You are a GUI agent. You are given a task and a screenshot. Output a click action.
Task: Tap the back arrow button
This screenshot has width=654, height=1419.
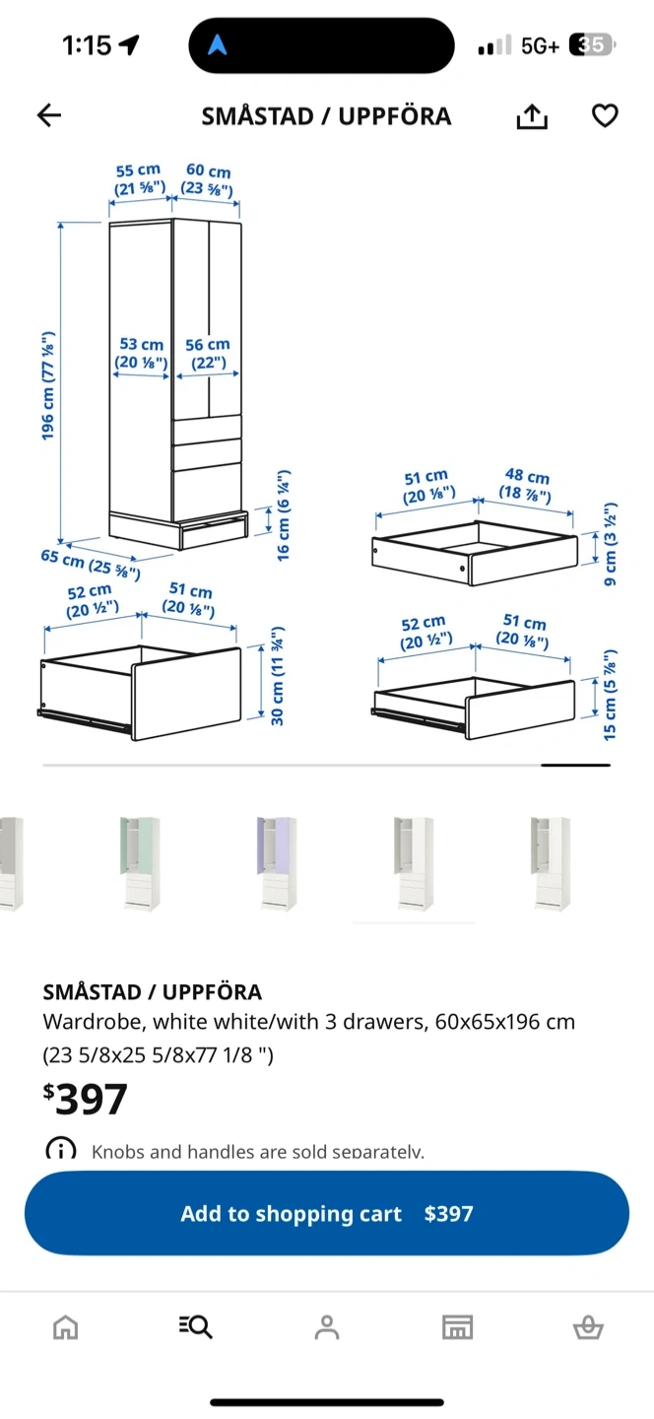coord(48,115)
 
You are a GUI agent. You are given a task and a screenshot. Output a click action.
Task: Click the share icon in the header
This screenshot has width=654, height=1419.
coord(532,116)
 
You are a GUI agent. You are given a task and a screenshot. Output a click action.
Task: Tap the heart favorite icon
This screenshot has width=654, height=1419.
coord(605,115)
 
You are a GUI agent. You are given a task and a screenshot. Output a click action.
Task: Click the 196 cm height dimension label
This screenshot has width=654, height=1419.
coord(48,385)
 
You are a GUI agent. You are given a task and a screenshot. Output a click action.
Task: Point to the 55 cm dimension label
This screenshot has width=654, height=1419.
coord(139,179)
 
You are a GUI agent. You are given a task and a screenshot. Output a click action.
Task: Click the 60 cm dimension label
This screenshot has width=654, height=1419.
coord(208,180)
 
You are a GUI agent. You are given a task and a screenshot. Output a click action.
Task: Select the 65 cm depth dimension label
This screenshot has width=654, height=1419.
coord(91,564)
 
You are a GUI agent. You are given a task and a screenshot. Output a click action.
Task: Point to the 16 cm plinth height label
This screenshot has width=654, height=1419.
coord(283,515)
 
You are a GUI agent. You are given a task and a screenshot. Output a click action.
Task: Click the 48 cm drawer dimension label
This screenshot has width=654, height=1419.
coord(526,485)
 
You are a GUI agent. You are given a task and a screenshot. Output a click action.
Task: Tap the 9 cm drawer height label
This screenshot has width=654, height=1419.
coord(610,545)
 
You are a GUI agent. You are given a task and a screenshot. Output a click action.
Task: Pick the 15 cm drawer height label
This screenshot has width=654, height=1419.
coord(609,695)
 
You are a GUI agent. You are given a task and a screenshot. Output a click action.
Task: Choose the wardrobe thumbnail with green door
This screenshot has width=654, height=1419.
coord(140,863)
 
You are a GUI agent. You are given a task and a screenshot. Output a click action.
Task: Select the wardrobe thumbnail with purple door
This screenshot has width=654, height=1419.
coord(277,863)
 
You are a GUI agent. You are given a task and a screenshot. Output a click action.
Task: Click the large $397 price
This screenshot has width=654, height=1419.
coord(86,1099)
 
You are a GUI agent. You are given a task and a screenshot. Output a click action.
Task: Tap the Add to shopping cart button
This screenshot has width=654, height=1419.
coord(327,1213)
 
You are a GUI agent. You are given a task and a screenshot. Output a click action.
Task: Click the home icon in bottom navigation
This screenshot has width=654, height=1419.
coord(65,1327)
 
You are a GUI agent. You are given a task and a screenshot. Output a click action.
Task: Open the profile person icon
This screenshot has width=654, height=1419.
coord(327,1327)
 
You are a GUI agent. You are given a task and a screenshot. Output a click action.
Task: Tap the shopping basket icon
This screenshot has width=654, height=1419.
coord(588,1327)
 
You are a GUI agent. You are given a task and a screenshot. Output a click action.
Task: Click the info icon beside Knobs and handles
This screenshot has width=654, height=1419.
coord(61,1150)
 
